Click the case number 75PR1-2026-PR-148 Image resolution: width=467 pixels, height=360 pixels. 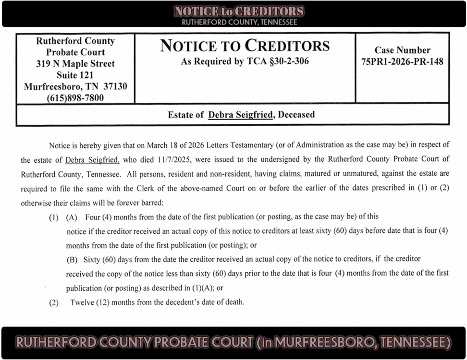click(402, 61)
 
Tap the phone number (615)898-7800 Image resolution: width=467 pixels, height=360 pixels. click(75, 98)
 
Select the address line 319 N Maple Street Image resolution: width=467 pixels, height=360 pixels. click(75, 63)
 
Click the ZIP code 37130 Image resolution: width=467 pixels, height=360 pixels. click(115, 86)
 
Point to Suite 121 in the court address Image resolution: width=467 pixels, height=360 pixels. click(75, 75)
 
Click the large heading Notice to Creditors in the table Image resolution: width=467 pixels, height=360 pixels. click(245, 46)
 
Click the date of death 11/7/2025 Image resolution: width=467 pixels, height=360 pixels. click(162, 159)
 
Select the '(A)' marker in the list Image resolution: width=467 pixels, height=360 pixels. click(72, 217)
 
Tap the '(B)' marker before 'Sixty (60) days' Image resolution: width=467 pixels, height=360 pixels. click(72, 259)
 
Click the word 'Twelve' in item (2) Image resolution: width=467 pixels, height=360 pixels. click(81, 302)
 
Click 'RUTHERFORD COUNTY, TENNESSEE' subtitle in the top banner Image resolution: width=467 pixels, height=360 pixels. click(239, 22)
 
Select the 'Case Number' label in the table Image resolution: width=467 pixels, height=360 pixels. click(402, 50)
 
